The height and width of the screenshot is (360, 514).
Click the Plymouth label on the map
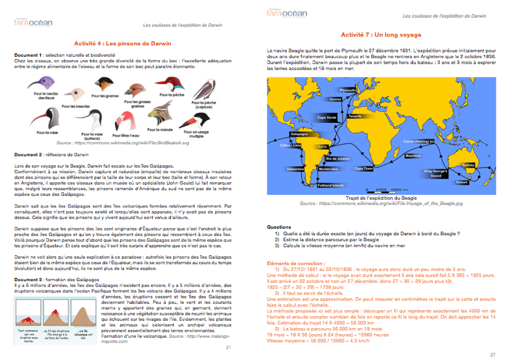[348, 90]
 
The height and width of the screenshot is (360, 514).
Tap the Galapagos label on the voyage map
[300, 134]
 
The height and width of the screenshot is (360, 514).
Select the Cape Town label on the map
[363, 168]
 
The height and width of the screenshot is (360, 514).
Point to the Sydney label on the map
[468, 164]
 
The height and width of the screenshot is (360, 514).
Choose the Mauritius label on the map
[413, 156]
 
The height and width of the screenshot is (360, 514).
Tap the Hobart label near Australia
[462, 182]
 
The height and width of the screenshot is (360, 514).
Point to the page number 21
[228, 348]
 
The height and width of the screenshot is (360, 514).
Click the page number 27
[492, 355]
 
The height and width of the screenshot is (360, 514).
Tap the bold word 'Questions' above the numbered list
[279, 227]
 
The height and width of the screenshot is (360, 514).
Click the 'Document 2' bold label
[28, 155]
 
